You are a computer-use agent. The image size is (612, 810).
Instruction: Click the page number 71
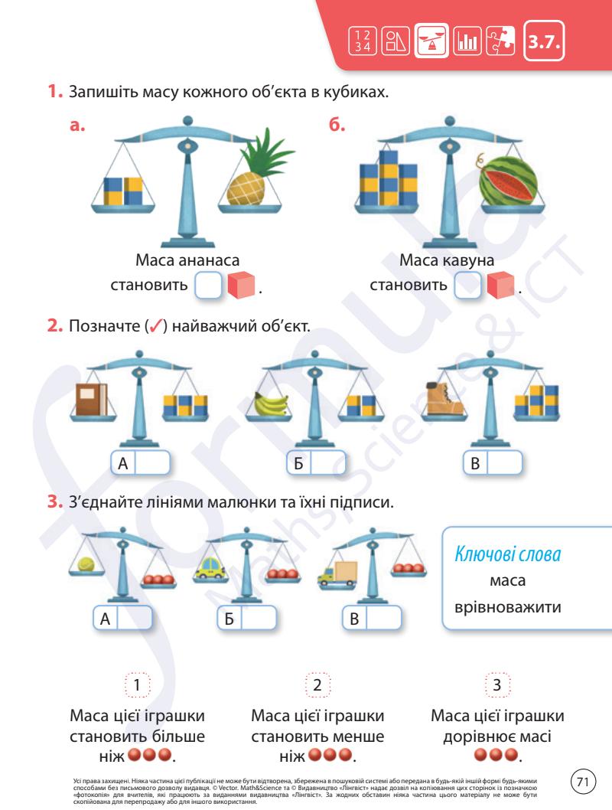pos(584,782)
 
